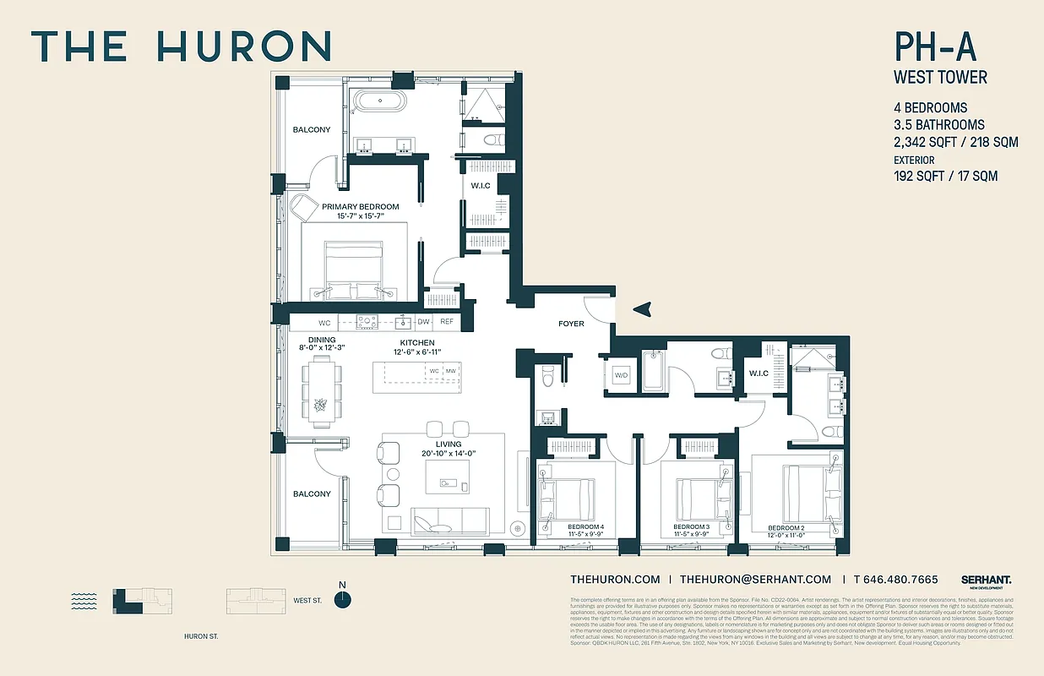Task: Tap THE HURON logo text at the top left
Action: pyautogui.click(x=182, y=46)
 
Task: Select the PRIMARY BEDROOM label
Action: pyautogui.click(x=360, y=206)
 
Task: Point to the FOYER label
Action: pyautogui.click(x=571, y=324)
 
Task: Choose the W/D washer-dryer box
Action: pyautogui.click(x=622, y=374)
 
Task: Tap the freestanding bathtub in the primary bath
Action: pyautogui.click(x=379, y=102)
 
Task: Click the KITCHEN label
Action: pyautogui.click(x=417, y=342)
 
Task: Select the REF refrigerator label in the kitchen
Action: pyautogui.click(x=446, y=322)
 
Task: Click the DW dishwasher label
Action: pyautogui.click(x=424, y=322)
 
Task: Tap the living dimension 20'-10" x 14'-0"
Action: pyautogui.click(x=449, y=454)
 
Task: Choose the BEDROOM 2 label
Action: pyautogui.click(x=786, y=528)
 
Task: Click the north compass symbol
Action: pyautogui.click(x=342, y=599)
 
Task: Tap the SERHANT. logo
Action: pyautogui.click(x=986, y=580)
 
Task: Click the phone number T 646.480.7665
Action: pyautogui.click(x=895, y=580)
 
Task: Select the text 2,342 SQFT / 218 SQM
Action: pyautogui.click(x=955, y=142)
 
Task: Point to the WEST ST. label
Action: pyautogui.click(x=307, y=601)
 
